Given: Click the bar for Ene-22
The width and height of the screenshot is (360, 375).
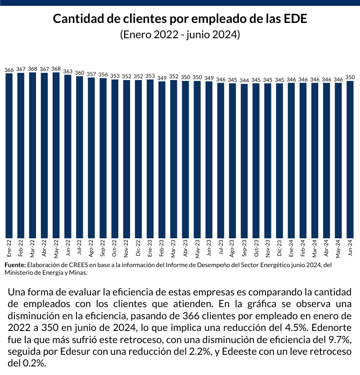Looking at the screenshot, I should (9, 156).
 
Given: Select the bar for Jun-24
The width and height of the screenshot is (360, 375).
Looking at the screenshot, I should (350, 159).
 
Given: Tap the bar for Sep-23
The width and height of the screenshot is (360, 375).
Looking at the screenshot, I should (244, 161).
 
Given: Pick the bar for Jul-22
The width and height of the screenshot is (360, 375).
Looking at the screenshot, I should (80, 157).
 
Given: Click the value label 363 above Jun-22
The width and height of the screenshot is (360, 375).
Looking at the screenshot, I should (68, 71).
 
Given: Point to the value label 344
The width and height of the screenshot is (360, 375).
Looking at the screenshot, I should (244, 80).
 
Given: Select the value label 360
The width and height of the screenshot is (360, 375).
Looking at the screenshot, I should (80, 72).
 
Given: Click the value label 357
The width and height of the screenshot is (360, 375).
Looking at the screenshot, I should (91, 74).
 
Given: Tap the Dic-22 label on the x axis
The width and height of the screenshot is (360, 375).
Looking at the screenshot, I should (138, 249).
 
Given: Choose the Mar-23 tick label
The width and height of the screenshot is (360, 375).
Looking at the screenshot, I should (174, 249).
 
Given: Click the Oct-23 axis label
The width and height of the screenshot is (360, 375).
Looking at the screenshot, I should (256, 249).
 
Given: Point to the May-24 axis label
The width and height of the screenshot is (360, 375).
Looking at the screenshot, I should (338, 249).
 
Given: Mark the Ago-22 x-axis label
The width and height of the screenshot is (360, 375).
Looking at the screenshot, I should (91, 249).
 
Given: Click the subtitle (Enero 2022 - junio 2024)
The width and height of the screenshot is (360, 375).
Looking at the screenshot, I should (180, 35).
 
